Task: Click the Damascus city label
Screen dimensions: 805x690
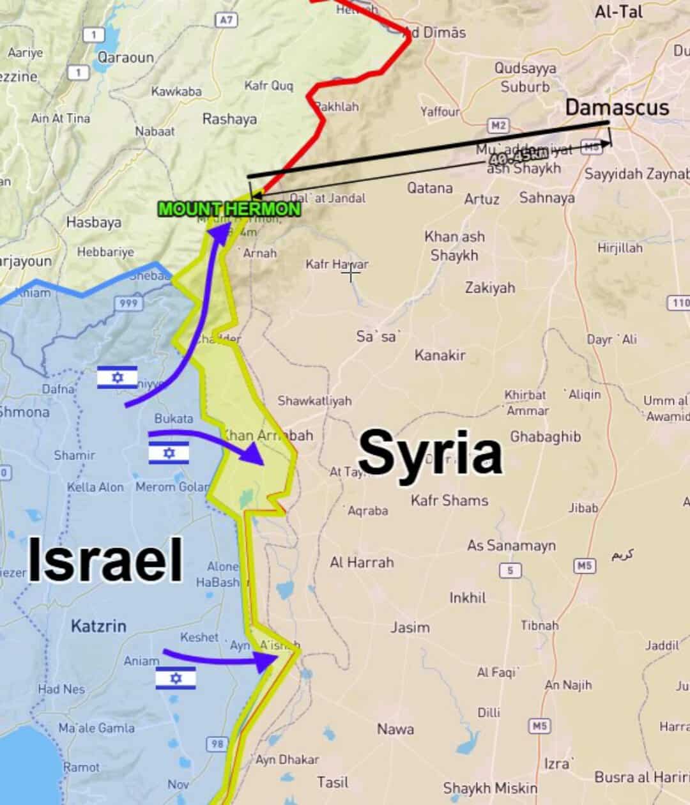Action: pos(617,107)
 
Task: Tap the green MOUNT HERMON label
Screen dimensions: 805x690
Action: pos(229,208)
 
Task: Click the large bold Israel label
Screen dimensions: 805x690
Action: pos(105,560)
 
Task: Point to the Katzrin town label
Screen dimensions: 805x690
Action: pos(98,625)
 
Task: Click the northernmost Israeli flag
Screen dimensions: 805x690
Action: pos(118,378)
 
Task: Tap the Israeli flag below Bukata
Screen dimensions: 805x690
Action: pos(169,453)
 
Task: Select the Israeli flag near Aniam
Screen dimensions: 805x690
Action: pos(176,678)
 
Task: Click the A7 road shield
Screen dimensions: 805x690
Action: pos(227,20)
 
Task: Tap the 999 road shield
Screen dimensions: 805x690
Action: pos(128,303)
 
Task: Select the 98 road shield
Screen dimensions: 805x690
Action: pos(218,744)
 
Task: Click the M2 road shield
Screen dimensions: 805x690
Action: pos(498,125)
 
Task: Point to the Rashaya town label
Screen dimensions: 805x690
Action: pos(229,119)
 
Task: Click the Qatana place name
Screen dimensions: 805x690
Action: pos(430,188)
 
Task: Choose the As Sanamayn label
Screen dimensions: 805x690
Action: pos(511,546)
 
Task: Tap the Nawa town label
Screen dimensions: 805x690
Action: pos(395,729)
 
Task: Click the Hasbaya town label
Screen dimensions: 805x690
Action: pos(93,222)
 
